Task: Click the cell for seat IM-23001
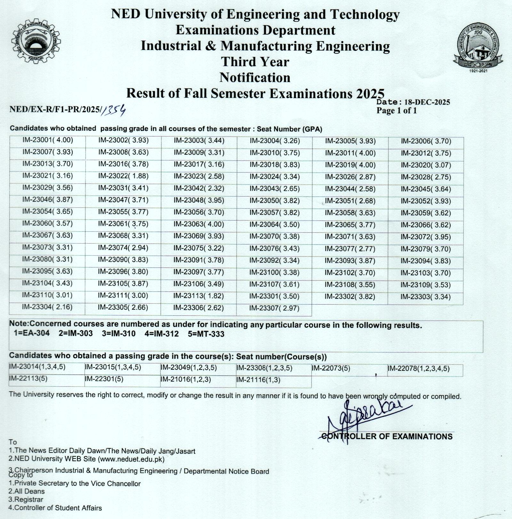[48, 140]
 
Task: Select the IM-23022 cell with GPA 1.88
[123, 176]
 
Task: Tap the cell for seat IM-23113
[198, 296]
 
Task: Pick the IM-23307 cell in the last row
[274, 308]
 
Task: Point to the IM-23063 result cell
[199, 224]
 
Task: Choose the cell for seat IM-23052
[426, 201]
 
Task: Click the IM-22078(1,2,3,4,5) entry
[419, 369]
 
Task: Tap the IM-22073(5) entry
[331, 368]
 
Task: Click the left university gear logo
[36, 42]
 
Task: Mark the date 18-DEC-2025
[427, 102]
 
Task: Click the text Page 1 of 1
[396, 111]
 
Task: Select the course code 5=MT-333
[206, 334]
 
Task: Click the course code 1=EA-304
[32, 333]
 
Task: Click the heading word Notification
[255, 78]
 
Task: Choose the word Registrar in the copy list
[26, 500]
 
